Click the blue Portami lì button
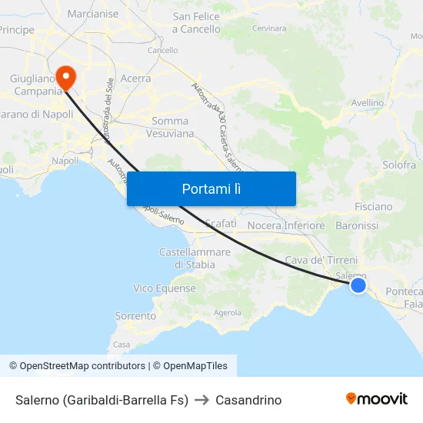[x=211, y=188]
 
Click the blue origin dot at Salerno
[x=358, y=285]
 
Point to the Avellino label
[x=367, y=102]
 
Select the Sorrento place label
[x=135, y=316]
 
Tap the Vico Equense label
[x=165, y=288]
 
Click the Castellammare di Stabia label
[x=195, y=258]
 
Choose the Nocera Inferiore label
[x=286, y=226]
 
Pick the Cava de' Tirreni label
[x=321, y=261]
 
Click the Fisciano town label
[x=373, y=206]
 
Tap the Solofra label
[x=398, y=165]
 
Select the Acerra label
[x=135, y=78]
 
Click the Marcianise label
[x=93, y=14]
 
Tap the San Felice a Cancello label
[x=196, y=22]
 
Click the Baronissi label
[x=357, y=226]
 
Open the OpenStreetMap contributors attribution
[x=82, y=366]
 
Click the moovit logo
[x=376, y=399]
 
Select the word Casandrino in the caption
[x=248, y=400]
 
